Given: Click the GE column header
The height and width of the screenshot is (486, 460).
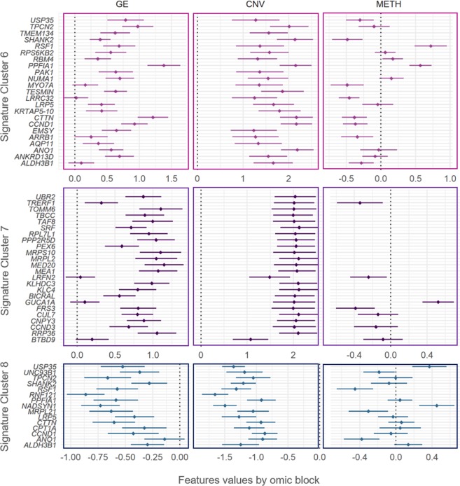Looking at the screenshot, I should (x=126, y=6).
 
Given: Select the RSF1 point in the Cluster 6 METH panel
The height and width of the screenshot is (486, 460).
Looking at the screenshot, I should (x=431, y=46).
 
